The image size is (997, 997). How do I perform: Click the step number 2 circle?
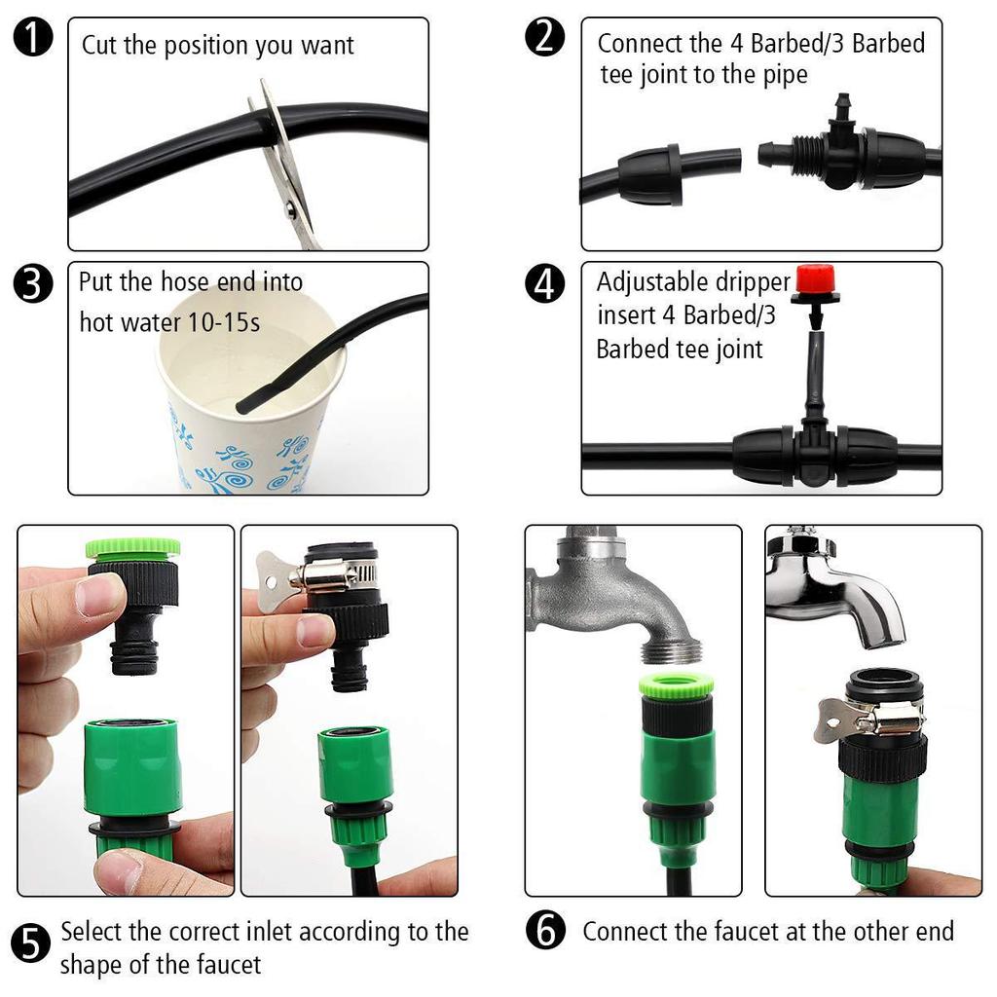coord(544,39)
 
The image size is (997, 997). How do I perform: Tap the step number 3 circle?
coord(34,283)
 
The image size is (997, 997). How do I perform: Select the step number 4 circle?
coord(544,283)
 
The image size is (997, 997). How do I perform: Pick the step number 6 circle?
coord(545,931)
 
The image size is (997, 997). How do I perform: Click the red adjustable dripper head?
coord(817,280)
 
